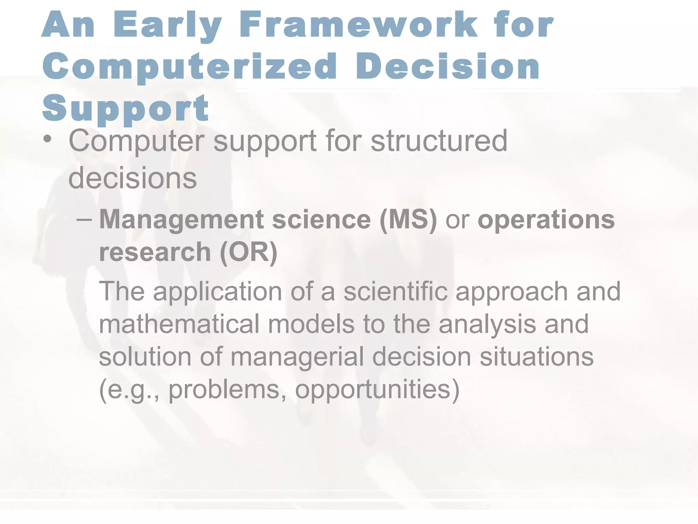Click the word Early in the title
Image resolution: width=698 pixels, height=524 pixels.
(167, 26)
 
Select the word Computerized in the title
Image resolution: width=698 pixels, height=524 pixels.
(189, 67)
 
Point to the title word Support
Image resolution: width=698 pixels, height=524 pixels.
(125, 108)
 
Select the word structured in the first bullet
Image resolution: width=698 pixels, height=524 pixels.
(439, 141)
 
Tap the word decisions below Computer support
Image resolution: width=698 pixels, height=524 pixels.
(132, 178)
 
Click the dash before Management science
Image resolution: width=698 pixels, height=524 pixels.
(84, 219)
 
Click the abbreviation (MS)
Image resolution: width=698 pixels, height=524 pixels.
(408, 219)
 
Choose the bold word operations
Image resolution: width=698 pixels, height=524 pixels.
(546, 219)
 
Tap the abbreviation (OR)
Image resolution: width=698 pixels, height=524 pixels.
(248, 252)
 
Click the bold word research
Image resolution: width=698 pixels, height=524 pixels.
(155, 252)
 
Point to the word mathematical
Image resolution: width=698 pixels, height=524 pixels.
(179, 324)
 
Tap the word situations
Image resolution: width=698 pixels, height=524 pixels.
(536, 356)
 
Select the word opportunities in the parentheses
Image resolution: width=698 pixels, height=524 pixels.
(377, 389)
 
